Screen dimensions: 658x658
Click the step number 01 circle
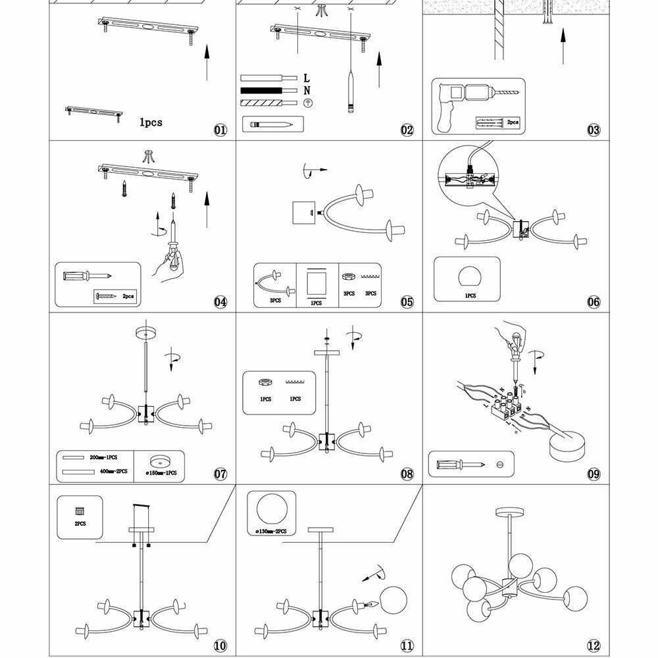[220, 130]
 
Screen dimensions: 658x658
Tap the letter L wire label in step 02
[307, 78]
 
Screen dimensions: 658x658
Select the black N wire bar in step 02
[261, 90]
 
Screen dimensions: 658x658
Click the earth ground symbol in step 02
[307, 103]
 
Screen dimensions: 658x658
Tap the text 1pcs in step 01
[151, 122]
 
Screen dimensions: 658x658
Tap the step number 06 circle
[594, 302]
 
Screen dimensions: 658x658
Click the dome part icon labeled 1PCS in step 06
[470, 276]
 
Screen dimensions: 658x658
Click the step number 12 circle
[594, 646]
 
